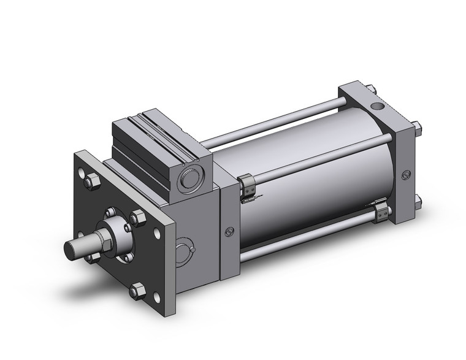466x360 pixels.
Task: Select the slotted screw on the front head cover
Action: [229, 232]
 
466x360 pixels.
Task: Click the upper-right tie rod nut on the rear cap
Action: [417, 128]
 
